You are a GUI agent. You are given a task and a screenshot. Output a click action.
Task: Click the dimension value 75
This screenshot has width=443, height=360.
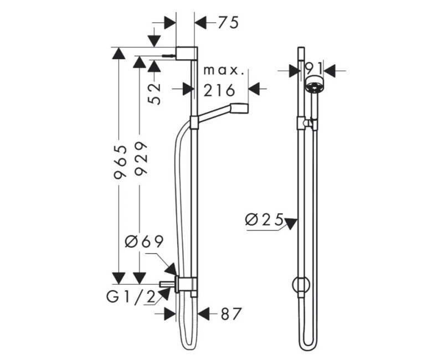228,23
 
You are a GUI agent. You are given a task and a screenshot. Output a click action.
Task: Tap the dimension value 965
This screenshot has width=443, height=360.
119,162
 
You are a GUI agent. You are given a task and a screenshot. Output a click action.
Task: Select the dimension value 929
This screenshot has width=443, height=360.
141,159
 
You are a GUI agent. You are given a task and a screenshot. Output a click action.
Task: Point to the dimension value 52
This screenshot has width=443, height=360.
154,94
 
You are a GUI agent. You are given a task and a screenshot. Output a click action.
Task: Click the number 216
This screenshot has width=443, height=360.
219,90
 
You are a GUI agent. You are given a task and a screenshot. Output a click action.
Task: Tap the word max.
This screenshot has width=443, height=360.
224,71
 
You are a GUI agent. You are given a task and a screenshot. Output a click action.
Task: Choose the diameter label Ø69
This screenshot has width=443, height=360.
144,242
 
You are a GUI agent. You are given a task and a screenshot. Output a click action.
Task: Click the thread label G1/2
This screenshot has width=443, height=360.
131,297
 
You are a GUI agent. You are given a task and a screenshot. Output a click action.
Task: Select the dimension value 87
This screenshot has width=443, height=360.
231,313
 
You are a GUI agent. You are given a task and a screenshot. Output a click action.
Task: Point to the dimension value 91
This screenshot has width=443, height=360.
313,69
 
